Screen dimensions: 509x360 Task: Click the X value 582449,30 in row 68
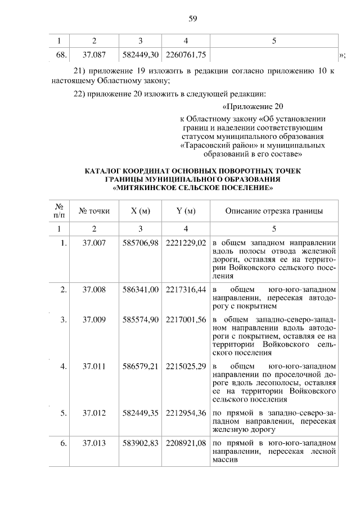click(141, 55)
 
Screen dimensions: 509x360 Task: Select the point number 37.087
click(94, 55)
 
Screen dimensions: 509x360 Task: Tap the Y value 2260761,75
click(186, 55)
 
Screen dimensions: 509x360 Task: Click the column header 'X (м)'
click(141, 211)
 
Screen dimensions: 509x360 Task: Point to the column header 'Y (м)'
click(186, 211)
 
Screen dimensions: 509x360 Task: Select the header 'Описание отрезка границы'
click(274, 211)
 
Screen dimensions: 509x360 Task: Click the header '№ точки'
click(94, 211)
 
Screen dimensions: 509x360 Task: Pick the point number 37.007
click(94, 242)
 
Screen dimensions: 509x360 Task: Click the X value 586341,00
click(141, 289)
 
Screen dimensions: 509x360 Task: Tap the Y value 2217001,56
click(186, 320)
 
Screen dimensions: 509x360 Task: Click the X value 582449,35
click(141, 413)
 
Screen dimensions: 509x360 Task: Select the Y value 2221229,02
click(186, 242)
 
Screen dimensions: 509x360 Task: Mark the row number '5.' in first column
click(64, 413)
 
